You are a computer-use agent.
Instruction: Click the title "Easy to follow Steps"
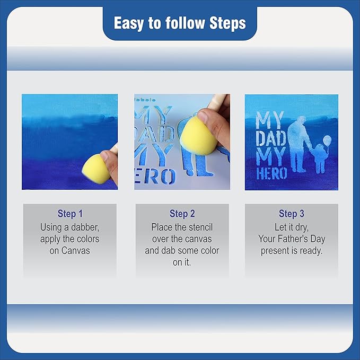tap(180, 23)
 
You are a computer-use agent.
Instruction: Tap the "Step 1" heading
tap(70, 214)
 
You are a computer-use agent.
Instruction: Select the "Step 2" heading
tap(182, 214)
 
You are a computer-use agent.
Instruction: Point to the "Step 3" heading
tap(292, 214)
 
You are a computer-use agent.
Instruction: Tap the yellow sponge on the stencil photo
tap(198, 135)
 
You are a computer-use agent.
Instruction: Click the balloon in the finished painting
tap(327, 139)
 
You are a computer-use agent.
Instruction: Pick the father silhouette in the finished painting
tap(298, 144)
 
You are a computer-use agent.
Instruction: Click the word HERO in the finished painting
tap(271, 173)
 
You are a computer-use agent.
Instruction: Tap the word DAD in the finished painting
tap(271, 138)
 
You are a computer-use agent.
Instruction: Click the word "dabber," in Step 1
tap(85, 227)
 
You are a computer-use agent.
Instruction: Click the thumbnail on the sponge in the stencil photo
tap(203, 117)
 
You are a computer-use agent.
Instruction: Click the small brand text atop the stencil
tap(145, 100)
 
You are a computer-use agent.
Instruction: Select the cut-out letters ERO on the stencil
tap(155, 177)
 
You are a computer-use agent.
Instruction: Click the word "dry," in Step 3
tap(302, 227)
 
